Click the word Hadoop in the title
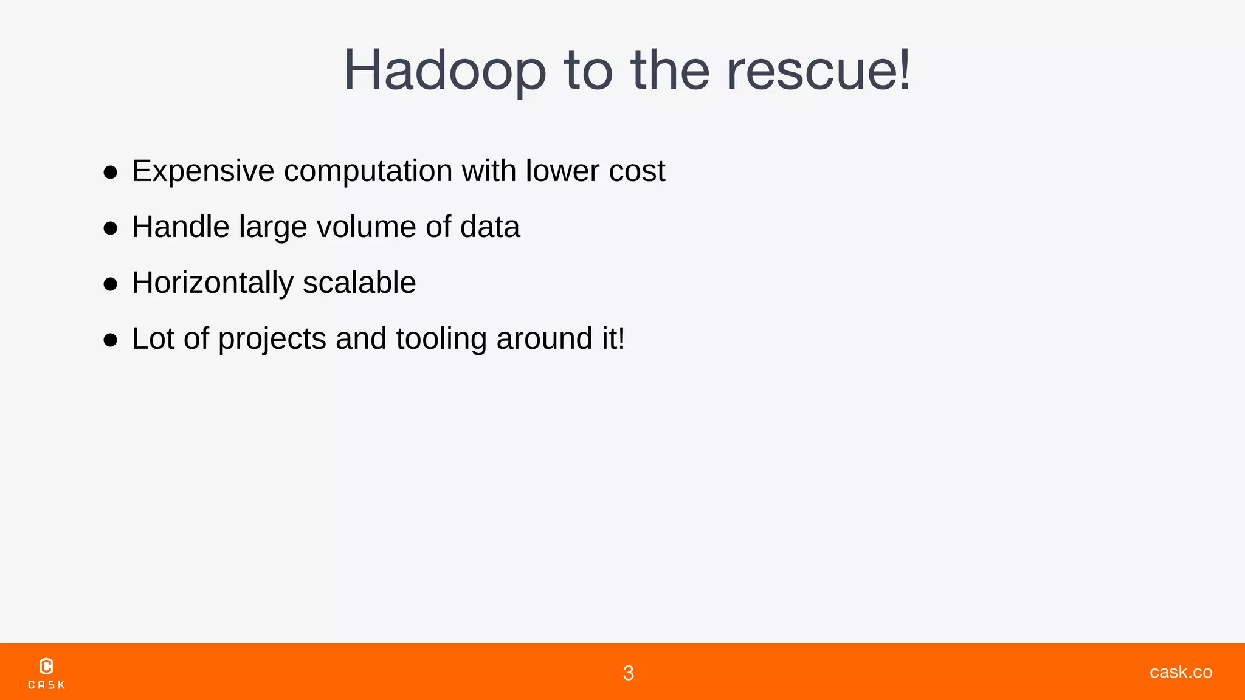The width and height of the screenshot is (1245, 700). (x=445, y=70)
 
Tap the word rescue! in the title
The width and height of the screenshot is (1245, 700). (x=819, y=70)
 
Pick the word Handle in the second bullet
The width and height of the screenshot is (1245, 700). (x=181, y=227)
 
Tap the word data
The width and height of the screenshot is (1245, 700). (x=490, y=227)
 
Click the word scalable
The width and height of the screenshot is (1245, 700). (x=359, y=283)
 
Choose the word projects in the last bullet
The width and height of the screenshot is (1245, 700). (x=272, y=339)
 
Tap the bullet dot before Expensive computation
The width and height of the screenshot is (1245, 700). (x=110, y=173)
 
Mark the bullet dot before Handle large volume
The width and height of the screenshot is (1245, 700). (x=110, y=228)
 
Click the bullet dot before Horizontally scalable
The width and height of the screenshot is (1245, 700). (x=110, y=284)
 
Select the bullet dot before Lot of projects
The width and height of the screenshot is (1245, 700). (x=110, y=340)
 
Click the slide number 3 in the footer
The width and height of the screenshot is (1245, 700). (x=629, y=673)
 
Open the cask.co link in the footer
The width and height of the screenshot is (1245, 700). (x=1181, y=671)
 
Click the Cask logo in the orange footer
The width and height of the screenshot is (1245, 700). (x=46, y=673)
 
